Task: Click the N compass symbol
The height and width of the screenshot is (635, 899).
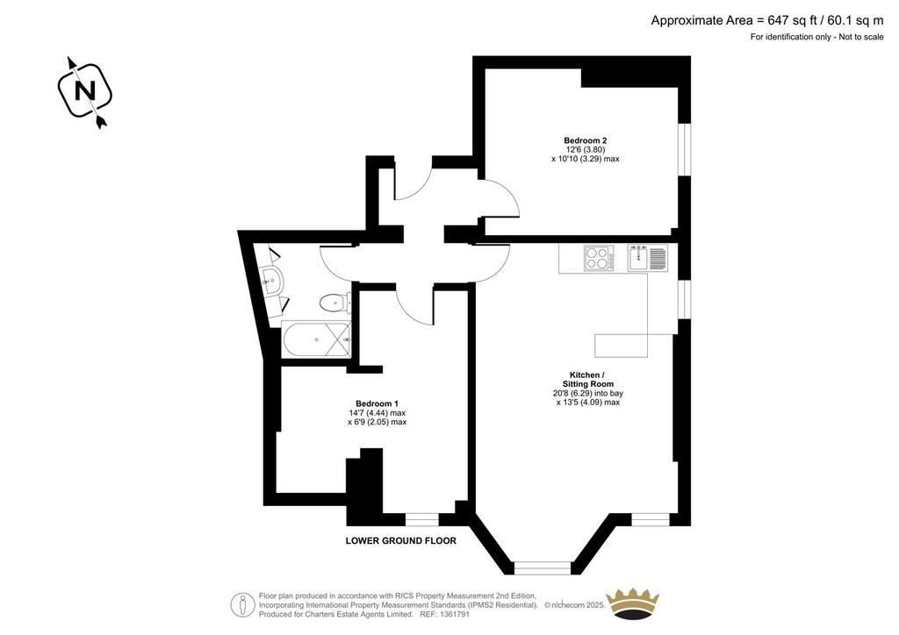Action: point(85,91)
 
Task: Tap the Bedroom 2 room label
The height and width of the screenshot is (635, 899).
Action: point(585,140)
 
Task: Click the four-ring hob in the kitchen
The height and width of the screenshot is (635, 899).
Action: point(599,258)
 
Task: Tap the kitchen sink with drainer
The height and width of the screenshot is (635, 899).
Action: point(647,258)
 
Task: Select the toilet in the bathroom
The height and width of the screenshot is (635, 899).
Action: point(335,303)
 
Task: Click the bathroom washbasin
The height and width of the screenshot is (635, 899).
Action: point(273,281)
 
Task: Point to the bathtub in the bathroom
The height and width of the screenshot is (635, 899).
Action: point(316,339)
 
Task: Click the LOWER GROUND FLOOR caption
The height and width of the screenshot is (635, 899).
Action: point(400,540)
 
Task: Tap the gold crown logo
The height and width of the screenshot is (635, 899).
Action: point(633,603)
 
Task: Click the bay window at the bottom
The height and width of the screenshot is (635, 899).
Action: point(543,567)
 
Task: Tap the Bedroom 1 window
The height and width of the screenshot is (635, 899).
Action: point(422,519)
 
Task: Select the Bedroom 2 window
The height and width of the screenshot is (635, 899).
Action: point(685,149)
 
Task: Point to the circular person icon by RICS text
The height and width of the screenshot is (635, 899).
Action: point(243,604)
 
